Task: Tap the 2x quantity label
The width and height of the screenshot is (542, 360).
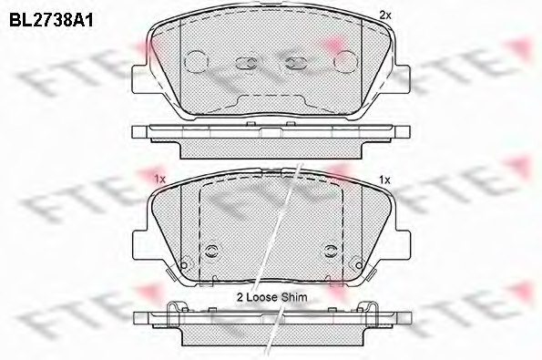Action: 384,15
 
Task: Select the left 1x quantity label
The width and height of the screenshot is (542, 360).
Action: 159,179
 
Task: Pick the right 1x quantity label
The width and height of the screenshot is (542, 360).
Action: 383,179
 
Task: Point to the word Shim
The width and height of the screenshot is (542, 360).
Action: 295,297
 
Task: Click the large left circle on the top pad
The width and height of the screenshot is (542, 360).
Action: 196,61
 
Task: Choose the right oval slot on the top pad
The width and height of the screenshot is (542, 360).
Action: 296,63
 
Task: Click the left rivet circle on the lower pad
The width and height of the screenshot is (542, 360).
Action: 214,251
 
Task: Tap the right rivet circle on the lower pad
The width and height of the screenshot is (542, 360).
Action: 328,251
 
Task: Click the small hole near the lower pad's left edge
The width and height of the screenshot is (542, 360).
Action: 184,266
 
